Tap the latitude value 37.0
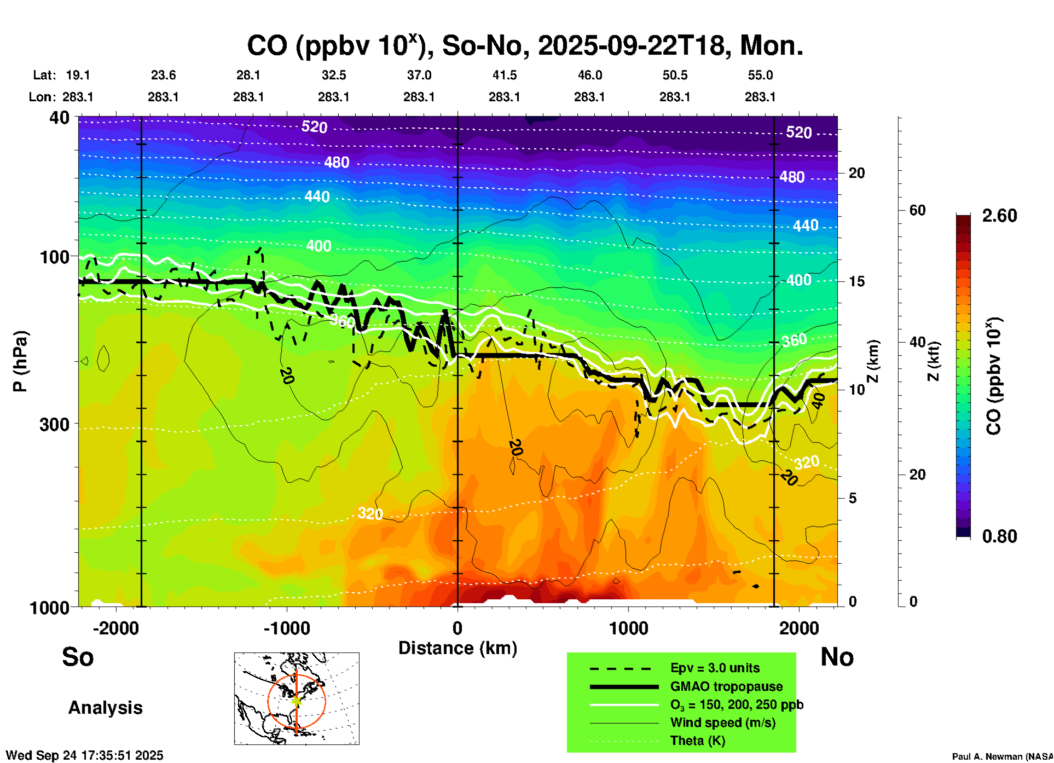point(419,75)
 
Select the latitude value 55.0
point(760,75)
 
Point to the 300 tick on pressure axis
point(54,424)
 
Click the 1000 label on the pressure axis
point(48,607)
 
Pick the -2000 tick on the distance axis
point(115,628)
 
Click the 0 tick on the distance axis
point(457,628)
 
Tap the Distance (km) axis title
point(457,648)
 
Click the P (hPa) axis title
point(20,361)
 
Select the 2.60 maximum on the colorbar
point(999,216)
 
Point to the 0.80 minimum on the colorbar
point(999,536)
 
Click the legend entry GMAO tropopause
point(726,686)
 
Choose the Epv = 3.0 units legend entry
point(715,668)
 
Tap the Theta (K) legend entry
point(697,741)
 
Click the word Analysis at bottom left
point(105,708)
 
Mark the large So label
point(78,657)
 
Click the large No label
point(837,657)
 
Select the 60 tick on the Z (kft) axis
point(917,210)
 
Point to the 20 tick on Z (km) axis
point(856,173)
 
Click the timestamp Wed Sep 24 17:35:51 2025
point(84,755)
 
